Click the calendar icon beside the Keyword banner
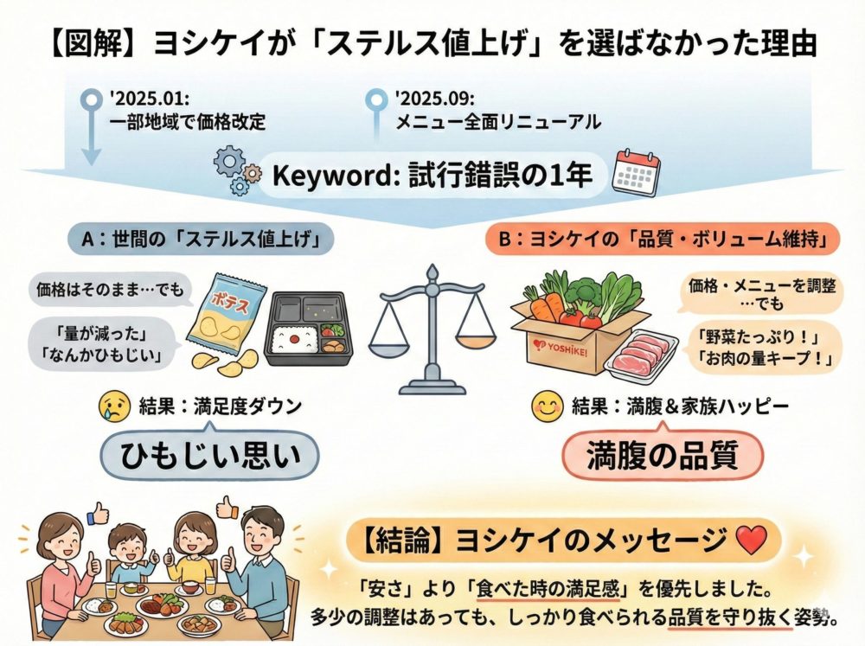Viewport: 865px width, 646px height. pos(636,173)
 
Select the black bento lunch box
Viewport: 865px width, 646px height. pos(308,323)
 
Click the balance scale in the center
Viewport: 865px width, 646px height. pos(432,333)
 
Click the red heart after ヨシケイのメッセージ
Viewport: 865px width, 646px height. pos(748,541)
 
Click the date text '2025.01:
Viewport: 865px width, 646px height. pos(146,98)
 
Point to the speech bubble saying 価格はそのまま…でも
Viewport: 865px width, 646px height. pos(106,290)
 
